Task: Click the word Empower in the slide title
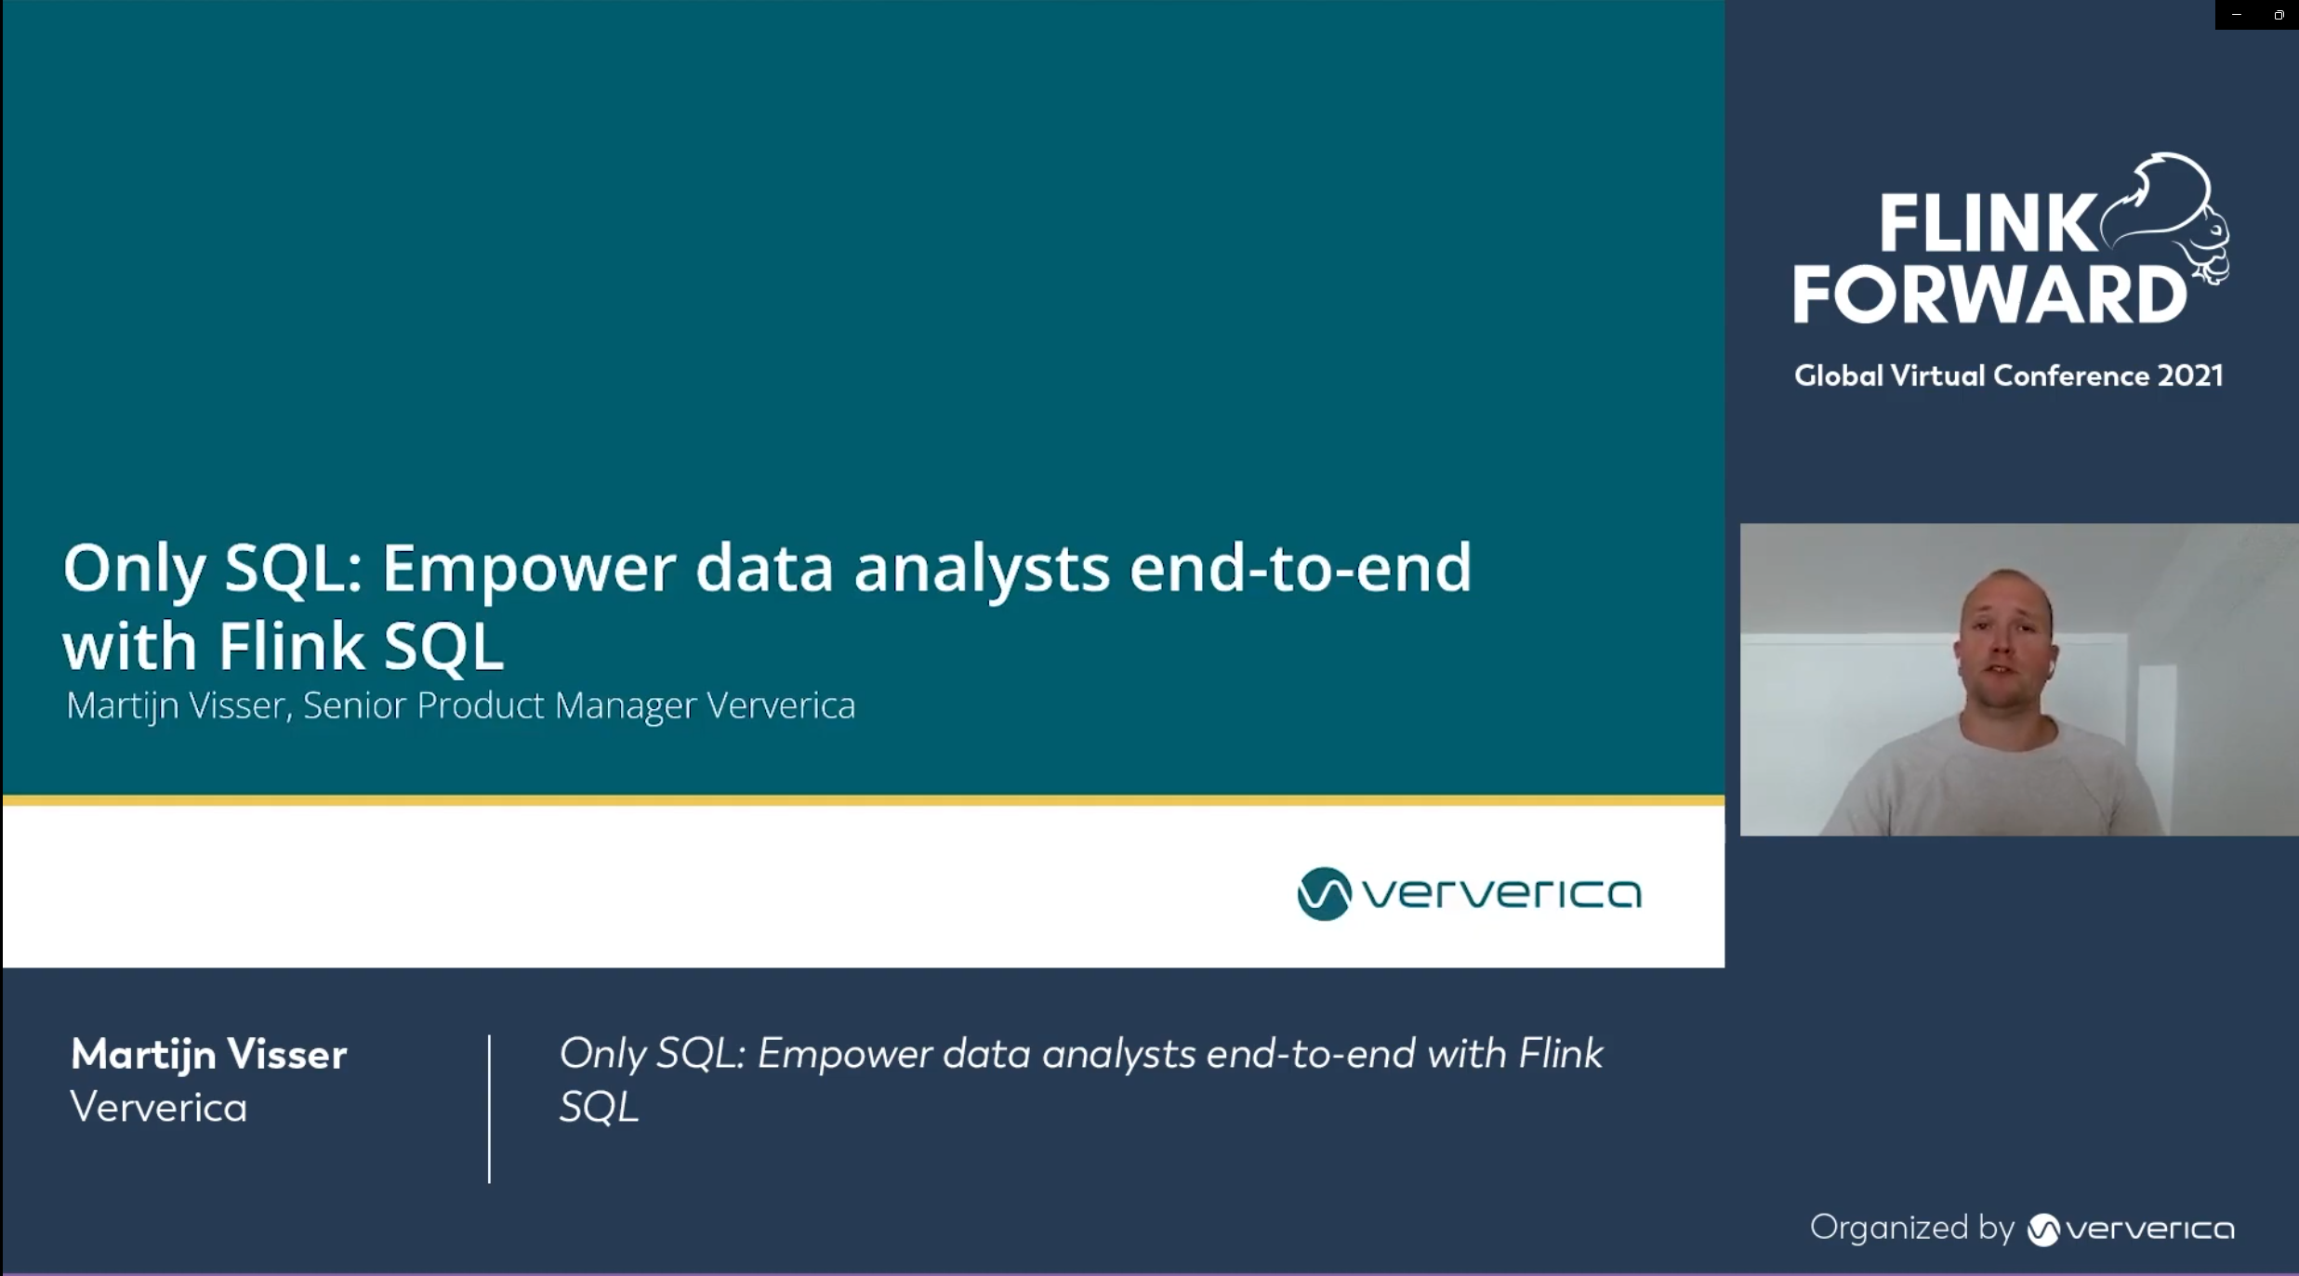[528, 569]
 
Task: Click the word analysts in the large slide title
[982, 569]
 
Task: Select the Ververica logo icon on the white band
[1323, 894]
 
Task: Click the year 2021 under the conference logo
[2190, 375]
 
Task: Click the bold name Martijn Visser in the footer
[208, 1055]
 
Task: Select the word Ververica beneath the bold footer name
[159, 1108]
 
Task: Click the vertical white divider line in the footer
[489, 1108]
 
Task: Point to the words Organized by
[1911, 1228]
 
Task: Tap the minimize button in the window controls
[2237, 15]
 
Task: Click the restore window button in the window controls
[2279, 15]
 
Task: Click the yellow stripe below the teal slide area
[863, 799]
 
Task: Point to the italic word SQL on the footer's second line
[599, 1108]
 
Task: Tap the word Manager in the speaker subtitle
[625, 705]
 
